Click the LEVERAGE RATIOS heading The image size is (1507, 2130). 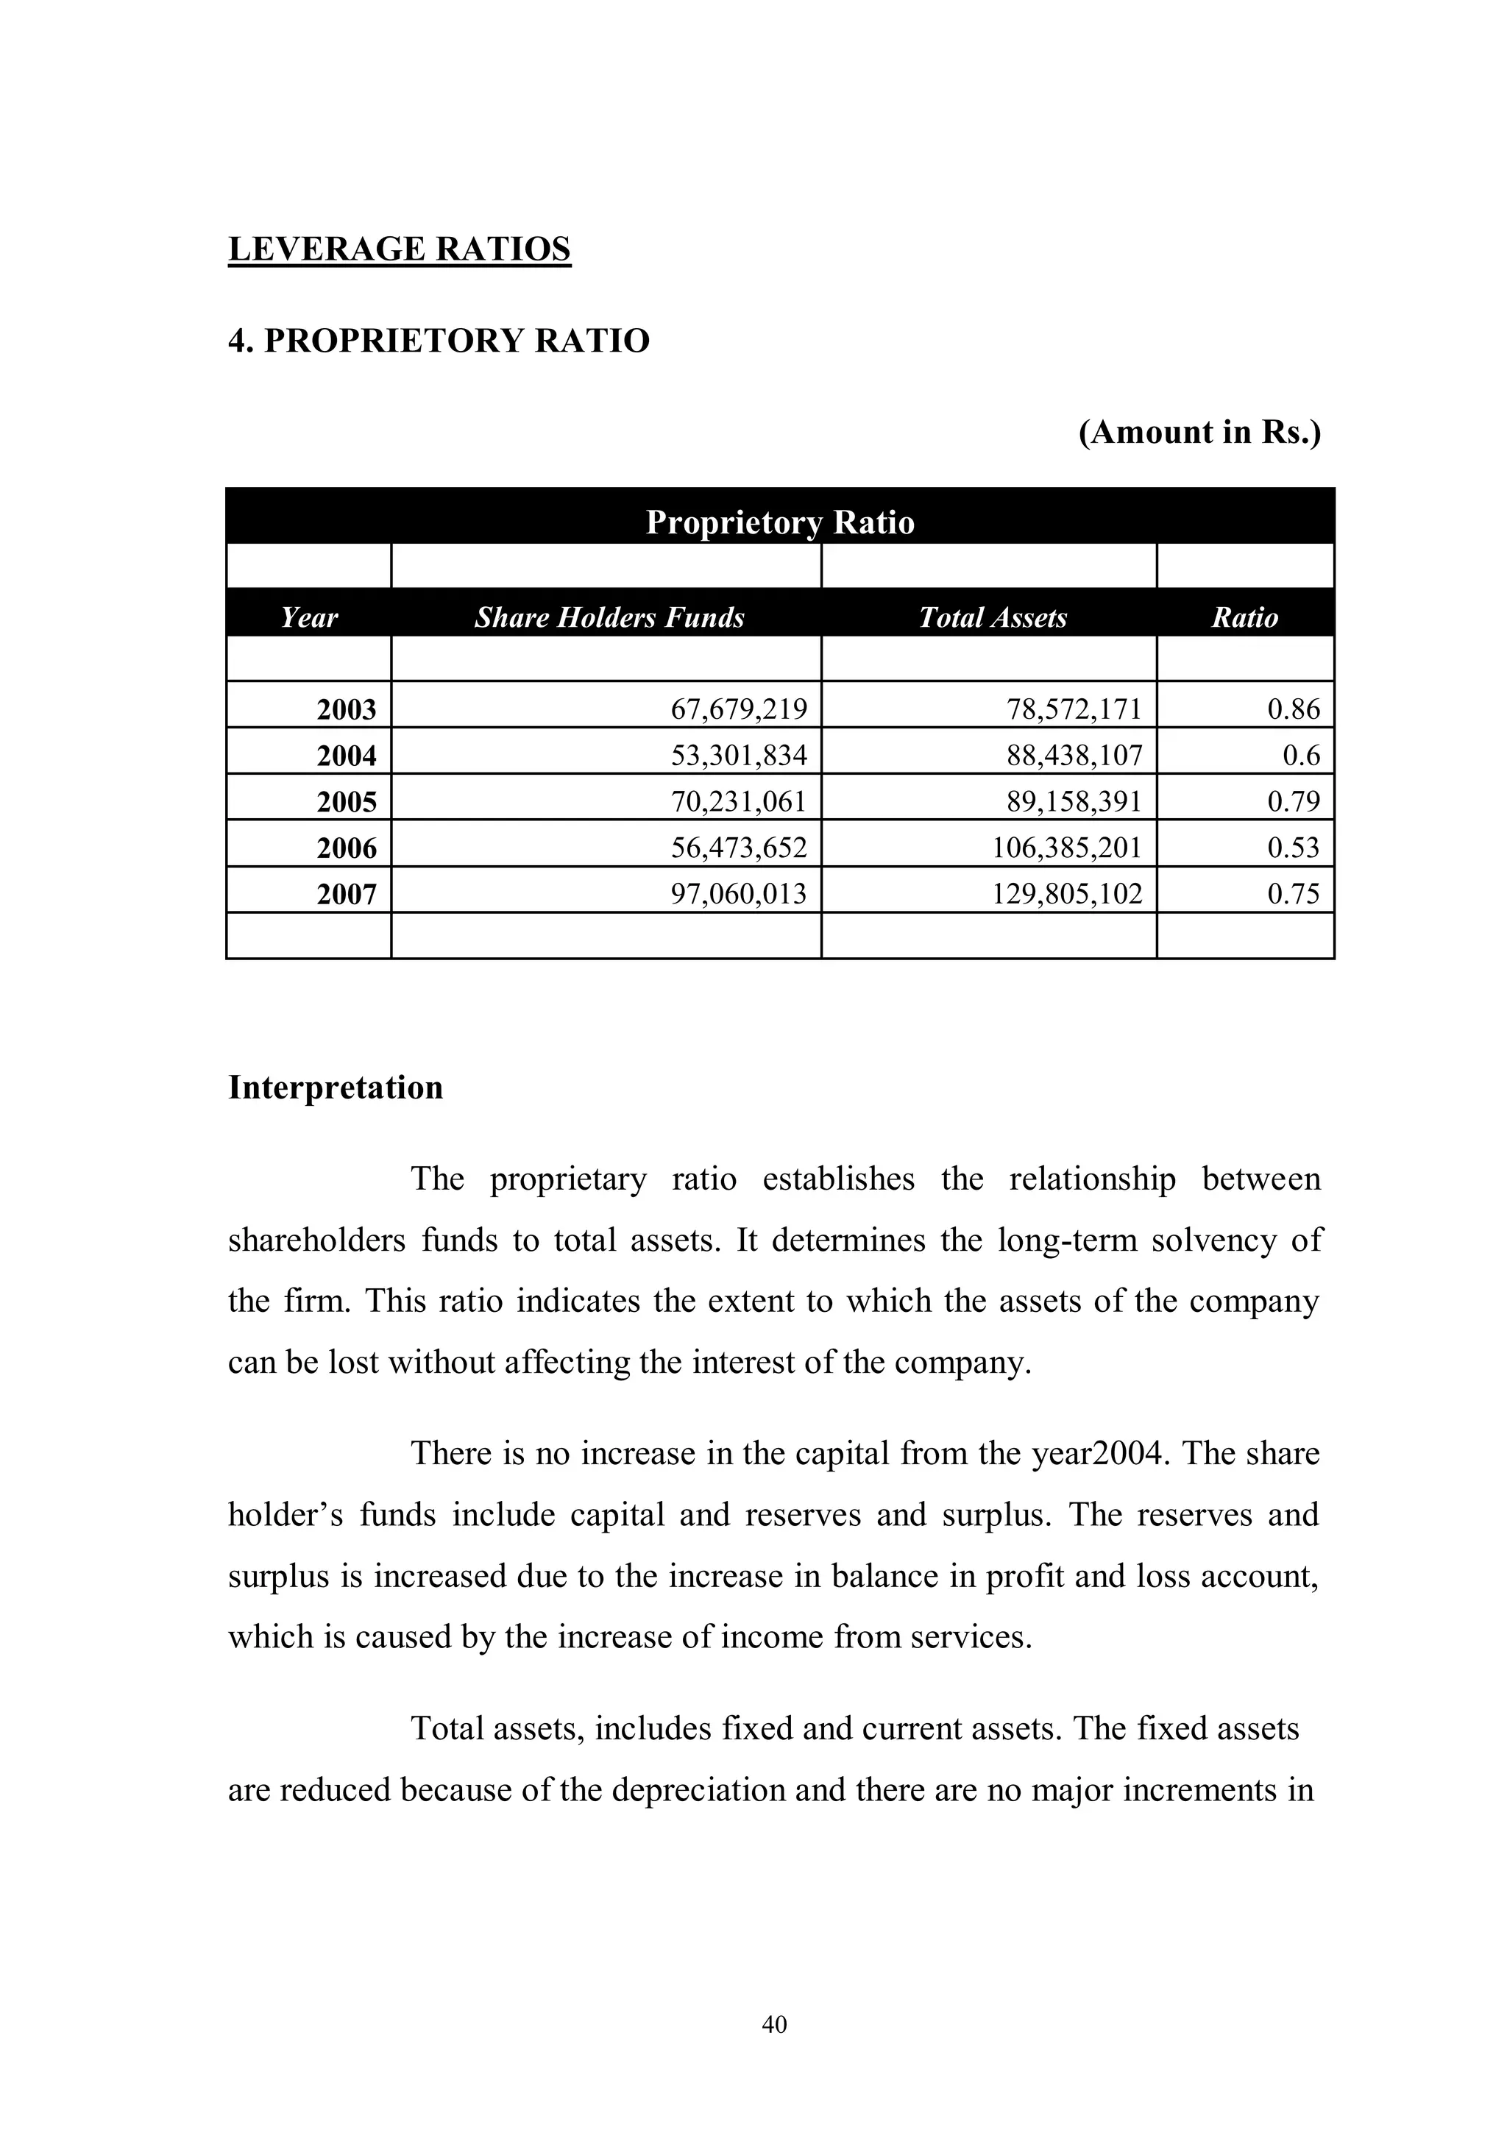[x=399, y=249]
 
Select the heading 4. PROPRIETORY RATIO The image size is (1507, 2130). [x=439, y=341]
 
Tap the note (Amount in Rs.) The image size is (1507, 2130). [x=1199, y=433]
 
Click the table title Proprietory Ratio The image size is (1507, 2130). [x=779, y=522]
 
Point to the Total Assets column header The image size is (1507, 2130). [x=992, y=618]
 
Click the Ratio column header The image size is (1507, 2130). [x=1244, y=618]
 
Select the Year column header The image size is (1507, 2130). [x=309, y=618]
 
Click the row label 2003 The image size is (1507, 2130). [x=346, y=710]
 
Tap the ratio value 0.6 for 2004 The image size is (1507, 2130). [x=1300, y=756]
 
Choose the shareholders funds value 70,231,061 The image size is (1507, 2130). [x=739, y=801]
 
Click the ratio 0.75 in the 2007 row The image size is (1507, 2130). [x=1293, y=894]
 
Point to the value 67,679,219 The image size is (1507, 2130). [x=739, y=710]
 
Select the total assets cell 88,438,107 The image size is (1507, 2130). [x=1074, y=756]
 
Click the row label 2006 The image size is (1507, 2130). [x=346, y=848]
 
